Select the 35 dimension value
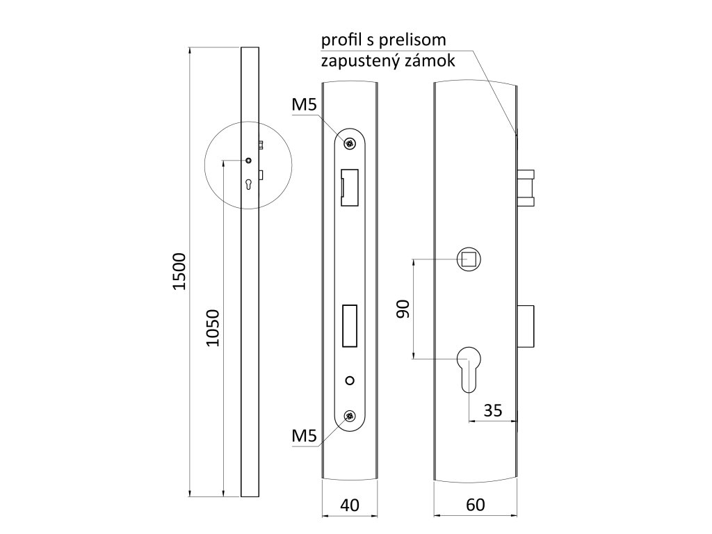(x=492, y=410)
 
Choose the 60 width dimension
(x=476, y=505)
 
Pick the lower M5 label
(x=305, y=436)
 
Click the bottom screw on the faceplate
(x=350, y=416)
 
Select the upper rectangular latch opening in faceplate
(x=349, y=188)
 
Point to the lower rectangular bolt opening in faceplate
(x=350, y=326)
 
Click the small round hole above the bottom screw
(x=350, y=380)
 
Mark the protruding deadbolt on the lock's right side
(x=526, y=327)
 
